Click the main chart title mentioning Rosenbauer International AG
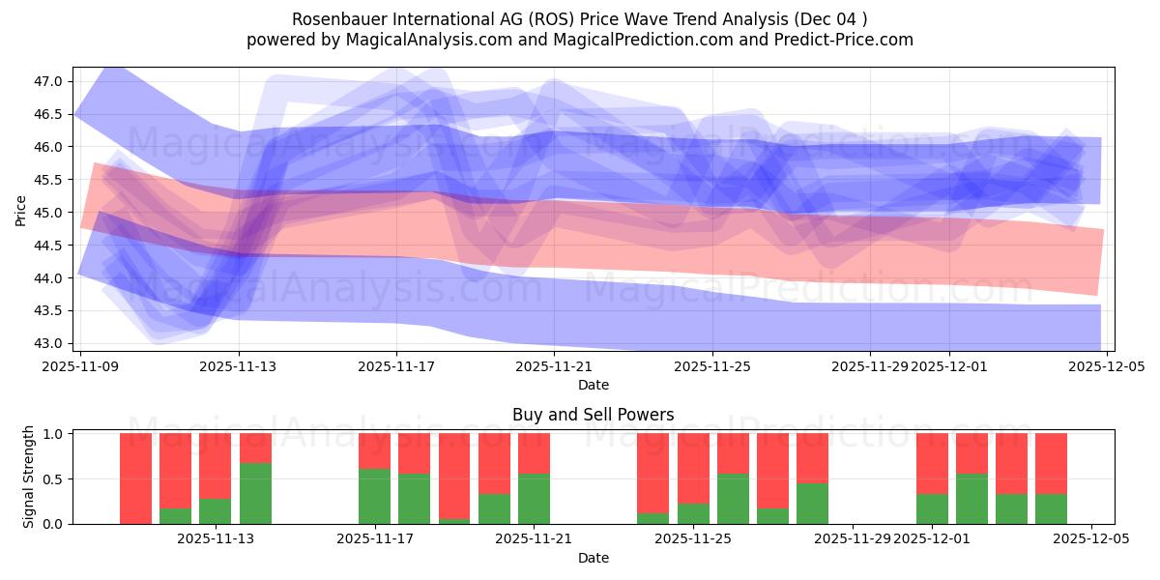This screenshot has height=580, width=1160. [x=580, y=18]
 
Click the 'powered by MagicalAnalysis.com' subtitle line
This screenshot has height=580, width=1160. [x=580, y=40]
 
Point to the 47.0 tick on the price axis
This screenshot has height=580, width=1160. [x=48, y=81]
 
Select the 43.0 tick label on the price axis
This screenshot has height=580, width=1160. [x=48, y=343]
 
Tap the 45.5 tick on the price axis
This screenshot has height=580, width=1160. [x=48, y=180]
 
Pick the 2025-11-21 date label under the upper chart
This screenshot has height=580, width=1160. [x=554, y=366]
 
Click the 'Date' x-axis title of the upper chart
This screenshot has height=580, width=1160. [x=593, y=385]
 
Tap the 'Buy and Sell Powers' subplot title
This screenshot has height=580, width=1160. [x=593, y=415]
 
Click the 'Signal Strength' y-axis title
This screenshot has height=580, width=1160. [x=29, y=477]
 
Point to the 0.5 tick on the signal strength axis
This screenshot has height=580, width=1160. [x=52, y=478]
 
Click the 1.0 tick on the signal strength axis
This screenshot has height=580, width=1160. [x=52, y=433]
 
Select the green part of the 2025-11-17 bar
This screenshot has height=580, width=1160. [x=374, y=497]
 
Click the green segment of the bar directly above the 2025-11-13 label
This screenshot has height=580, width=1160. [x=255, y=494]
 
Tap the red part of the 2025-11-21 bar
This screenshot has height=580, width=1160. [x=534, y=452]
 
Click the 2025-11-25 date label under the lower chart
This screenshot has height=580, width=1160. [x=694, y=539]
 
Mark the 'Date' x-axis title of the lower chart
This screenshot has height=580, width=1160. [x=593, y=558]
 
